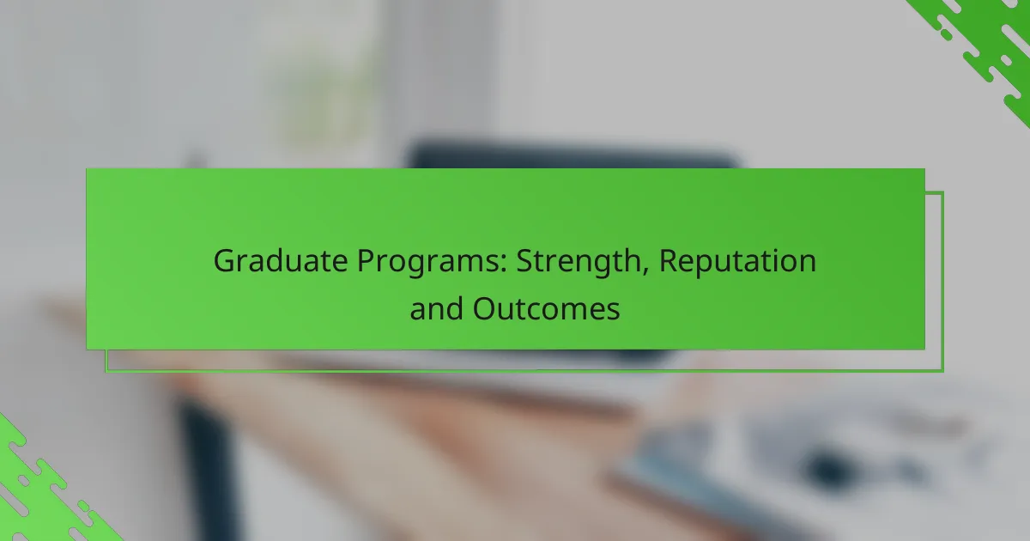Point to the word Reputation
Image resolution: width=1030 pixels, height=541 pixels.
point(737,261)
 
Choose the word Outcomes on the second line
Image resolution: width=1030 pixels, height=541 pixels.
point(546,309)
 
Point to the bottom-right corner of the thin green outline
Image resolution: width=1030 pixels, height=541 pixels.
point(942,371)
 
